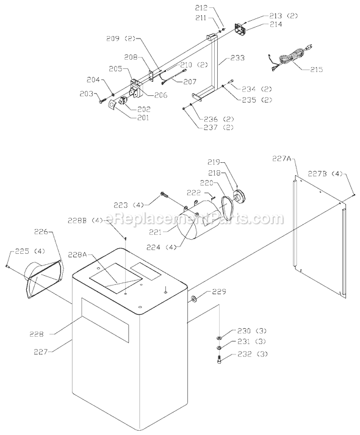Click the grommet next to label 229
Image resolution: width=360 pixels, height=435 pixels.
193,299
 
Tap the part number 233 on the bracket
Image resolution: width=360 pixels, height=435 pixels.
237,58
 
